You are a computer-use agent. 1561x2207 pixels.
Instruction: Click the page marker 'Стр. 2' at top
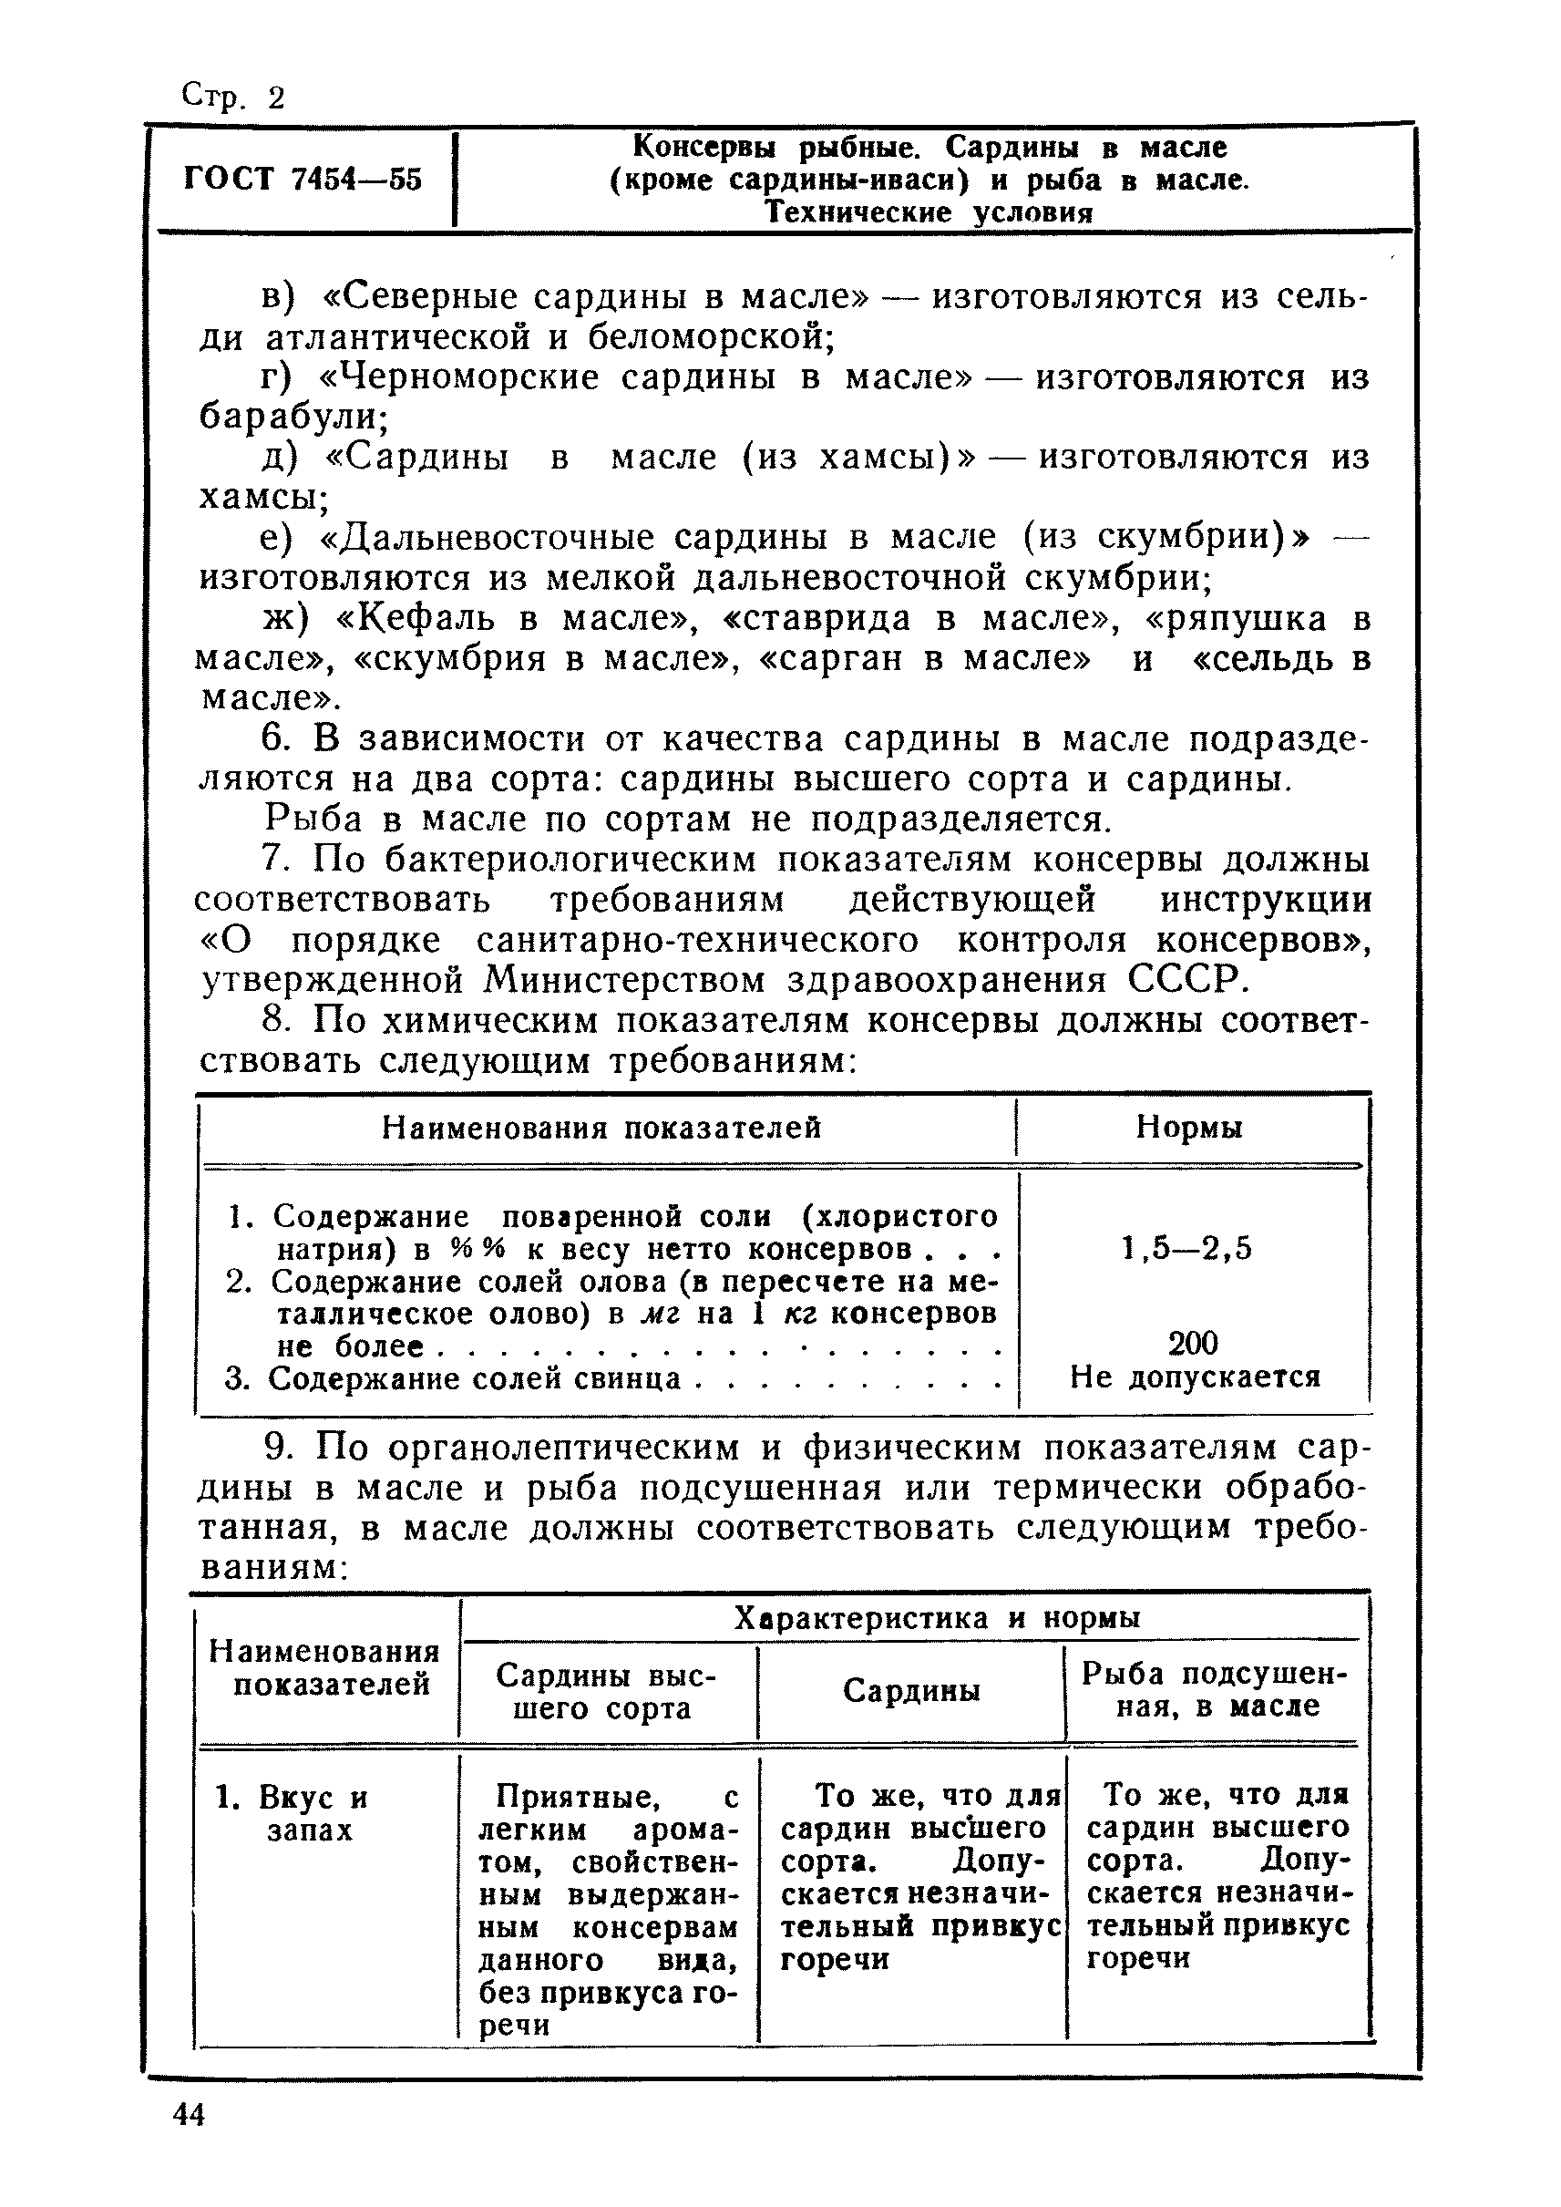[x=233, y=98]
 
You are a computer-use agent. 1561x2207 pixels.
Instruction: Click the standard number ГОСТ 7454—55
[x=303, y=179]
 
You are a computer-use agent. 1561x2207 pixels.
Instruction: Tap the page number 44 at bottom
[x=190, y=2114]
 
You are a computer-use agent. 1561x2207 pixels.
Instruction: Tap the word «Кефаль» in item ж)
[x=416, y=618]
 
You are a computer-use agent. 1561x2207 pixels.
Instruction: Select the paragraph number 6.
[x=275, y=738]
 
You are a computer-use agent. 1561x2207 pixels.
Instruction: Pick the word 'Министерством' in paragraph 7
[x=625, y=980]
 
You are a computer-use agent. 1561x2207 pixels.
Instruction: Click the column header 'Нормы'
[x=1189, y=1126]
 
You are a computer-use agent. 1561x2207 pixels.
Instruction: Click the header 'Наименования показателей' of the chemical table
[x=601, y=1126]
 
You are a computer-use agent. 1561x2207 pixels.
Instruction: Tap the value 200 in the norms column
[x=1193, y=1343]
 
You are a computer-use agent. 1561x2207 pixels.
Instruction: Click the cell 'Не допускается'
[x=1195, y=1377]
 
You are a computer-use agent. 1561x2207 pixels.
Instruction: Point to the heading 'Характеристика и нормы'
[x=937, y=1618]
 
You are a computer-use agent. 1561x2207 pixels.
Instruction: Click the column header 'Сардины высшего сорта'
[x=607, y=1692]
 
